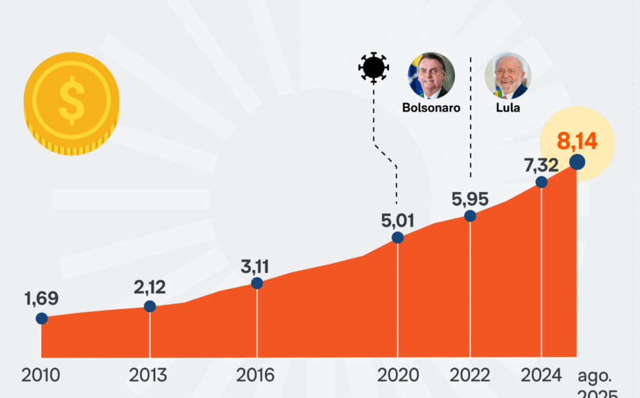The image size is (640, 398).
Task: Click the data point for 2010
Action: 42,318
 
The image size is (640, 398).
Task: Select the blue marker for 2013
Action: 150,306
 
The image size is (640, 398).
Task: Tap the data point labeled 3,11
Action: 257,283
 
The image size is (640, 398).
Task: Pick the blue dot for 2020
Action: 398,237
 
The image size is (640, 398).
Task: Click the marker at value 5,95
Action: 470,216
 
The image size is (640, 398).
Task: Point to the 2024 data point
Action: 541,182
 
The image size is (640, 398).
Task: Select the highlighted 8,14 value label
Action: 577,141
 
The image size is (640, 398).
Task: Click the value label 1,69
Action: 42,298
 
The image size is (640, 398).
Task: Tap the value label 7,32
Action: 541,165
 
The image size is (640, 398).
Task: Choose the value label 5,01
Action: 398,220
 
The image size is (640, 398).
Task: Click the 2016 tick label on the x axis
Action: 255,375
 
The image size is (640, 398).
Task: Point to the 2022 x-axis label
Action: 470,375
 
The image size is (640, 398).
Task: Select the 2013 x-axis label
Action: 148,375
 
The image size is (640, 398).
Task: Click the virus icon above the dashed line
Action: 373,68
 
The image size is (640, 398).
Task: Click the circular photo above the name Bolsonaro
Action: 432,76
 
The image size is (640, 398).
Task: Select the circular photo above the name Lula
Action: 508,76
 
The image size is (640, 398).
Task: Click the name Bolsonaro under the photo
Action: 432,107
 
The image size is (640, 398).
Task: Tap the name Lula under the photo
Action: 508,107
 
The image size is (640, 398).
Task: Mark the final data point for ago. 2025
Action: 577,162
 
